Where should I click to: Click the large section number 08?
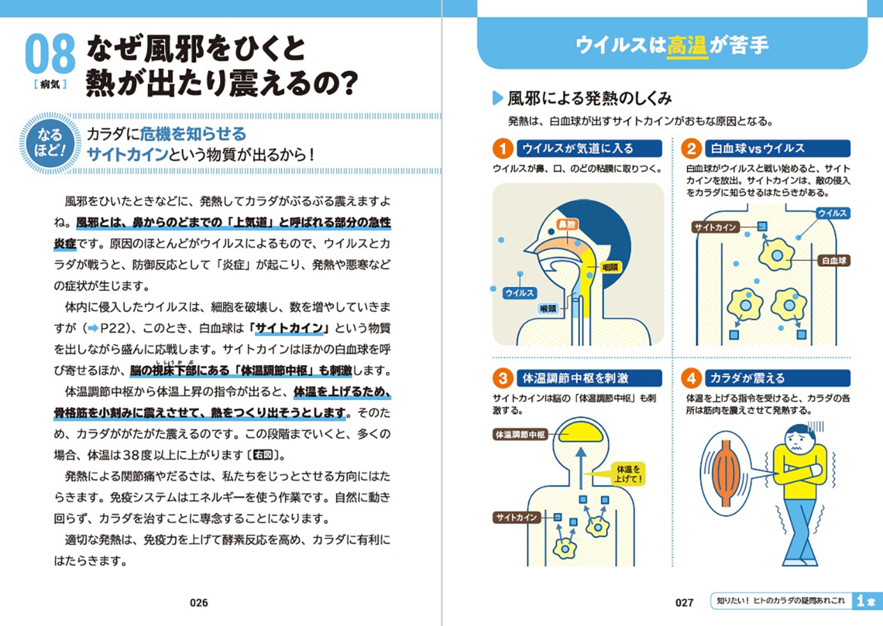(50, 53)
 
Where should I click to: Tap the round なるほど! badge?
(50, 142)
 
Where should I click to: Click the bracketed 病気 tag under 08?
(50, 84)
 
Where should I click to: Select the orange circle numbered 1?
(502, 149)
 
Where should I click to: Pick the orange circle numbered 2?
(691, 149)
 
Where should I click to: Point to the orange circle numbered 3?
(502, 378)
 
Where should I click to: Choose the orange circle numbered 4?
(691, 378)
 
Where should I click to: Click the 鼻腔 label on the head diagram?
(567, 224)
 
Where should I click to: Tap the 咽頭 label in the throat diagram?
(610, 267)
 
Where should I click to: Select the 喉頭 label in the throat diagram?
(548, 308)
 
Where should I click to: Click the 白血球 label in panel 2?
(834, 261)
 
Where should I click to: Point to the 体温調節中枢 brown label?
(520, 435)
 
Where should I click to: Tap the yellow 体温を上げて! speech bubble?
(628, 474)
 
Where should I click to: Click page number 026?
(199, 603)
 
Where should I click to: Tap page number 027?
(684, 603)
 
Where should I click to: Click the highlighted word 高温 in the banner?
(687, 45)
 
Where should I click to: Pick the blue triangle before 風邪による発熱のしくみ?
(497, 98)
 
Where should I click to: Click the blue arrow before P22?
(93, 328)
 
